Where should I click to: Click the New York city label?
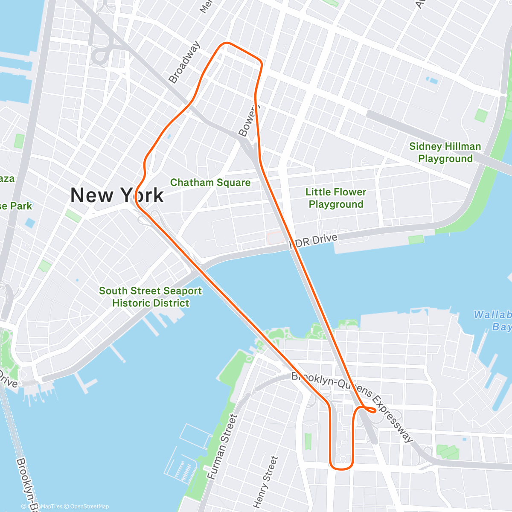(116, 195)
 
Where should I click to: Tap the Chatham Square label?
(210, 183)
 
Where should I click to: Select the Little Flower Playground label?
(336, 198)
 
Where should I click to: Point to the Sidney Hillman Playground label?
(445, 152)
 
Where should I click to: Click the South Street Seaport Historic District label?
(150, 297)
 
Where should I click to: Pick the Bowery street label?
(248, 121)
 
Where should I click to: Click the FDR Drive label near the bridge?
(314, 241)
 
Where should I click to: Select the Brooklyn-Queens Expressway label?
(352, 405)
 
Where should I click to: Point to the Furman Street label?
(221, 446)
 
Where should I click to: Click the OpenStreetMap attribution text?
(89, 506)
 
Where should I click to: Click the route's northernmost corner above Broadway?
(226, 44)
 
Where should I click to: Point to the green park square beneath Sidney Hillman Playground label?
(481, 116)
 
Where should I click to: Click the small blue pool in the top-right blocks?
(432, 80)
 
